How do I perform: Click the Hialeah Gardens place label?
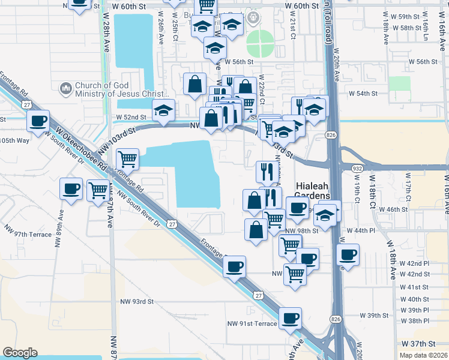coord(312,191)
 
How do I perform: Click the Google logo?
coord(20,353)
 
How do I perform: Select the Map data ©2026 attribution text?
coord(423,355)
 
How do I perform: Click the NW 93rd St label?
coord(137,302)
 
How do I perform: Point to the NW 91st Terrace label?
coord(252,323)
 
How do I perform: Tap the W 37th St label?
coord(418,343)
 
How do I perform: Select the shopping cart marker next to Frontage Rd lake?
coord(127,160)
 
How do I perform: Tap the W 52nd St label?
coord(131,117)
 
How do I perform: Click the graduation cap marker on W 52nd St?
coord(163,110)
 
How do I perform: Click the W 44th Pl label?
coord(361,230)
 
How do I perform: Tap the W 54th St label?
coord(363,94)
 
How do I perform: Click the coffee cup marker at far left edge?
coord(38,121)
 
